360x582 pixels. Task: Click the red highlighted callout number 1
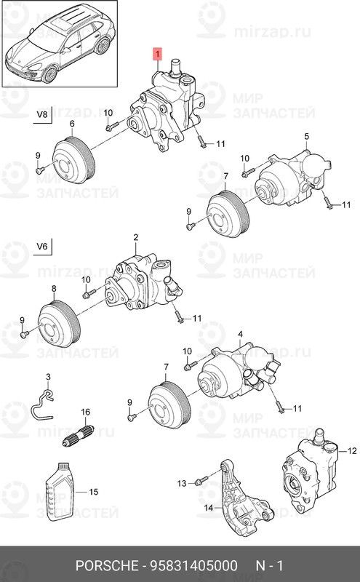click(x=157, y=55)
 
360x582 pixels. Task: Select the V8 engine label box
click(x=43, y=114)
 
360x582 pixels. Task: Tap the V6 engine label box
click(x=43, y=247)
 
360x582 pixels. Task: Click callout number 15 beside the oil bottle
click(x=94, y=492)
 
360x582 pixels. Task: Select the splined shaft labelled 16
click(x=79, y=434)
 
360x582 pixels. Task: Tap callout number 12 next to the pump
click(x=352, y=451)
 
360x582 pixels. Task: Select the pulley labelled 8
click(x=59, y=325)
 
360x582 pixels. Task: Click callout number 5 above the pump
click(x=307, y=136)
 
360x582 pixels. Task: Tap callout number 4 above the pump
click(x=240, y=335)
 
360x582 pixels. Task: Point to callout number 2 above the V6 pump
click(x=136, y=237)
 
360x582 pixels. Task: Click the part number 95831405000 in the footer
click(x=193, y=566)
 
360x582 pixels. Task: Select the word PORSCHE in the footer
click(x=106, y=566)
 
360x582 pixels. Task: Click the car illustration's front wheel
click(x=49, y=74)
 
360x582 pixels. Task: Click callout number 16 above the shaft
click(x=85, y=412)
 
